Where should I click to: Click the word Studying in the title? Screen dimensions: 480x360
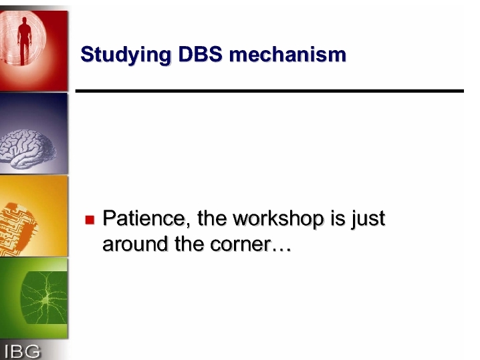[x=126, y=55]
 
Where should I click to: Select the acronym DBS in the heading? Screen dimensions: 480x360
[x=200, y=55]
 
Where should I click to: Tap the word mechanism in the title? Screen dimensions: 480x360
[x=287, y=55]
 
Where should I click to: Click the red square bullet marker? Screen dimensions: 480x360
[x=90, y=220]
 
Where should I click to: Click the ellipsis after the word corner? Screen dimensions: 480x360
[x=281, y=250]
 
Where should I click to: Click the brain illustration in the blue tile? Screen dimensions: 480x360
[x=27, y=149]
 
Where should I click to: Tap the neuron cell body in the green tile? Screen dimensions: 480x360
[x=45, y=301]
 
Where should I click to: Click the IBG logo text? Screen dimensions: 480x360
[x=22, y=351]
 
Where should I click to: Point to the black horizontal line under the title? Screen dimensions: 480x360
[x=269, y=91]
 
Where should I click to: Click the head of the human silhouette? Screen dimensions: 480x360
[x=25, y=21]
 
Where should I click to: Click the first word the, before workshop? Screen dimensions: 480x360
[x=212, y=218]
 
